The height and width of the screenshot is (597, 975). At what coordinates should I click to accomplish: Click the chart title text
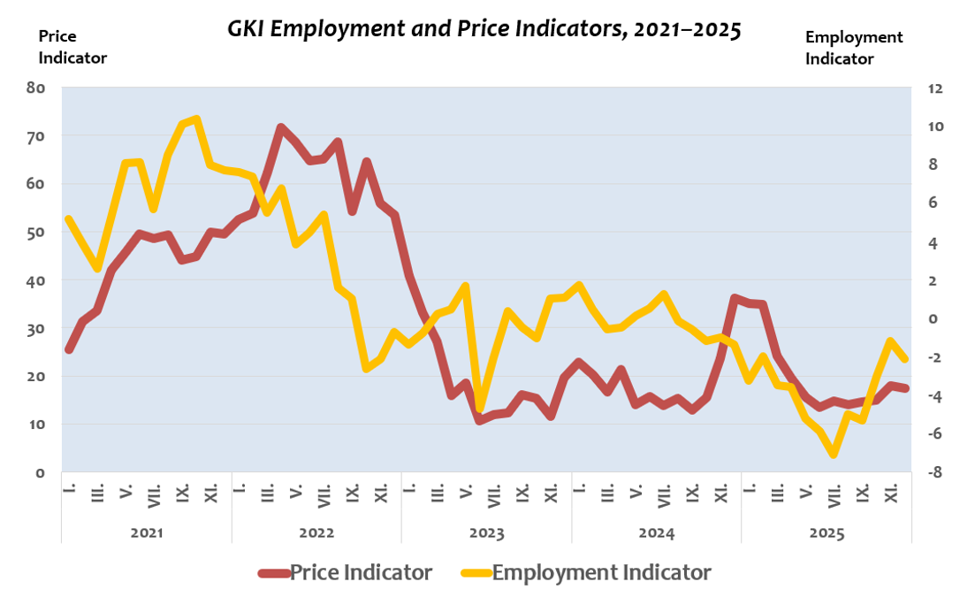click(484, 29)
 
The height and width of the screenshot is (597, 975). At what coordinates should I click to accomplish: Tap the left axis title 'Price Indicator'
click(72, 47)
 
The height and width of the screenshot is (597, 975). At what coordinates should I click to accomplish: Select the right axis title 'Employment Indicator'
click(854, 48)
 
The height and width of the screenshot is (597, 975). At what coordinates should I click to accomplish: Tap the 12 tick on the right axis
click(935, 88)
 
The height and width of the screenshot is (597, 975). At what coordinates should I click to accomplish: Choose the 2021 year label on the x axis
click(147, 534)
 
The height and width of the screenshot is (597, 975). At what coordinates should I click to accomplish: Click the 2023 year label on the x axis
click(486, 534)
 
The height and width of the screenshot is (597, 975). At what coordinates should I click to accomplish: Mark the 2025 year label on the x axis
click(826, 534)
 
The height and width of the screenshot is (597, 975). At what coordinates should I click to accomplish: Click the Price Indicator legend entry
click(346, 572)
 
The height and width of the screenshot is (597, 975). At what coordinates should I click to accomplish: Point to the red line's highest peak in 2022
click(280, 127)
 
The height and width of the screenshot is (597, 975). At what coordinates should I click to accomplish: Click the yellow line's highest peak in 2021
click(195, 119)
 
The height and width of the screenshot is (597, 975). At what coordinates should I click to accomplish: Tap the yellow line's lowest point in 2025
click(833, 455)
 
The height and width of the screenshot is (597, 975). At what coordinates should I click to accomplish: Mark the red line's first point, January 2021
click(69, 350)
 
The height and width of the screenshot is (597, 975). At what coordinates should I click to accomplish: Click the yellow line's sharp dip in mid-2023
click(480, 409)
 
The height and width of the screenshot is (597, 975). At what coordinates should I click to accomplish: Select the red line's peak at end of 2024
click(735, 298)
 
